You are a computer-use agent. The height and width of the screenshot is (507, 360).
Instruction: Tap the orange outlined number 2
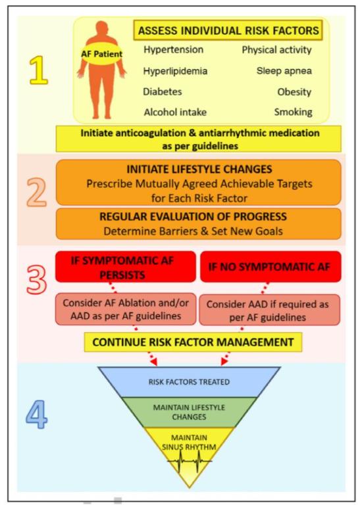[37, 192]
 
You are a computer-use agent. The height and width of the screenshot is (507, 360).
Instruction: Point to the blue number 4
[37, 414]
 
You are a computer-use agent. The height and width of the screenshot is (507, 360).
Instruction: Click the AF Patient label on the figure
[101, 54]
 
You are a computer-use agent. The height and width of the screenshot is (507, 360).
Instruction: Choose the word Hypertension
[174, 49]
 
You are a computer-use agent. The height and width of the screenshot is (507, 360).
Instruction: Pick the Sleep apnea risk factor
[284, 71]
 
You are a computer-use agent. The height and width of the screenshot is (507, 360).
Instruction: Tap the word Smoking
[294, 112]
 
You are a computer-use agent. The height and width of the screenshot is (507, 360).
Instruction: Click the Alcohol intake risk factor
[175, 112]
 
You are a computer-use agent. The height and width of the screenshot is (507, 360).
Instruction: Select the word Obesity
[294, 92]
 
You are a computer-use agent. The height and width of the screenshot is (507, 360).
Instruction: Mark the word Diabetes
[162, 91]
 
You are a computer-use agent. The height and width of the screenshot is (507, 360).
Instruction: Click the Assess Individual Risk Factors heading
[228, 31]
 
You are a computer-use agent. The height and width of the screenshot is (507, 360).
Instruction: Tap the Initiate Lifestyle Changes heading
[199, 169]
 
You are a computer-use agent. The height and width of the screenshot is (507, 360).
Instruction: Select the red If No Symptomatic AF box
[270, 267]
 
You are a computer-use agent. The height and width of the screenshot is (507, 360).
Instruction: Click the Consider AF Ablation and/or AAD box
[126, 309]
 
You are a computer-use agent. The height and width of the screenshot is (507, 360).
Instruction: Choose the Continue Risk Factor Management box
[193, 342]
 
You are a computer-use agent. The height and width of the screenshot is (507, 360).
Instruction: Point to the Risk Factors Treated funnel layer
[189, 382]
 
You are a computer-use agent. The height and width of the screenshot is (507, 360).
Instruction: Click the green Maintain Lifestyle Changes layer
[189, 412]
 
